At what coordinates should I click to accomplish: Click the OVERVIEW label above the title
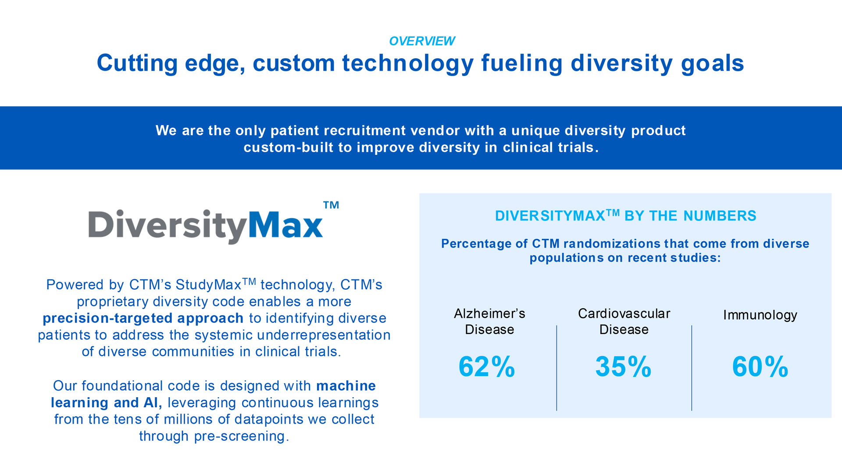click(x=422, y=41)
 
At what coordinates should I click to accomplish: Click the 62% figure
click(x=487, y=366)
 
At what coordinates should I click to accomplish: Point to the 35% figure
click(x=623, y=366)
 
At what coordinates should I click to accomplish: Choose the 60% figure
click(x=760, y=366)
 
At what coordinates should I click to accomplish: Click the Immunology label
click(x=760, y=315)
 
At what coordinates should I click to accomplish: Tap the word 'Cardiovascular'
click(x=624, y=313)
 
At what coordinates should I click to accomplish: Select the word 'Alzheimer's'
click(x=489, y=313)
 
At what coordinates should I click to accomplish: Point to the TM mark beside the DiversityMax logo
click(x=331, y=205)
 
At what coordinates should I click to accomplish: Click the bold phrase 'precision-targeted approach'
click(x=143, y=318)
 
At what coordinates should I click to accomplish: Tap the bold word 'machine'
click(x=346, y=386)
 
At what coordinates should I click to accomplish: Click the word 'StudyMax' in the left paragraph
click(x=208, y=285)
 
